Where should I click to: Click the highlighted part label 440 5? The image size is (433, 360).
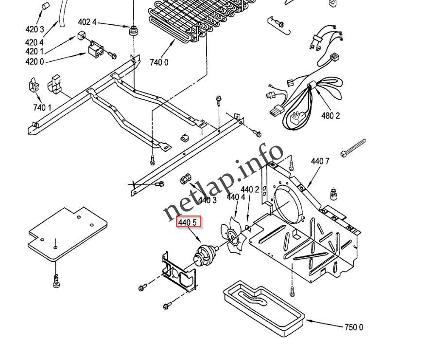coord(188,223)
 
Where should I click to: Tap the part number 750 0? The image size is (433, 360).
coord(353,327)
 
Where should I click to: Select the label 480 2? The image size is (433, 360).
coord(330,116)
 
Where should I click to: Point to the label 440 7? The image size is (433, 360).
coord(320,161)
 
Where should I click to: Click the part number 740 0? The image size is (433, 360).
coord(159,62)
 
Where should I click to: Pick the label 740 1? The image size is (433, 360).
coord(42,107)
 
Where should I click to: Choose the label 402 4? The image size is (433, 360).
coord(87,22)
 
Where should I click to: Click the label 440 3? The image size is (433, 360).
coord(207,200)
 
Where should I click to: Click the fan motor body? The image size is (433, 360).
coord(205,254)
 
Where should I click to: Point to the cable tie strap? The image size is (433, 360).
coord(353,147)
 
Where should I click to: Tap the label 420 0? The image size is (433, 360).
coord(35,61)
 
